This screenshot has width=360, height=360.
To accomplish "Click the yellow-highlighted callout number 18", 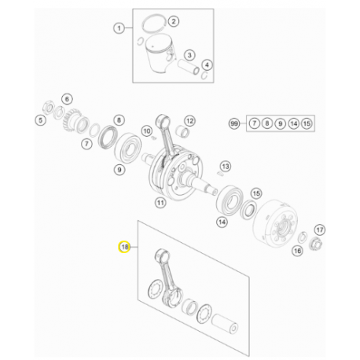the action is point(124,247).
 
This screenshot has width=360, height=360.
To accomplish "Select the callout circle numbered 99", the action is point(234,123).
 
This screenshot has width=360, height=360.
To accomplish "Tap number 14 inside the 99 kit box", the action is point(294,123).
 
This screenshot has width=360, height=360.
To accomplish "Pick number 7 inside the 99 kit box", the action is point(254,123).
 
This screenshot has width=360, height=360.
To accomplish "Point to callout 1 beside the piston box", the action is point(119,28).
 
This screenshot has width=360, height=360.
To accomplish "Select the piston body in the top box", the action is point(160,54).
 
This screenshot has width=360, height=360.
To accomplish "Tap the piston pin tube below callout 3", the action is point(189,68).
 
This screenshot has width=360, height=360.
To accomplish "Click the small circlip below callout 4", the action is point(205,75).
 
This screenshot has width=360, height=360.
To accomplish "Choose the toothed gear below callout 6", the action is point(73,120).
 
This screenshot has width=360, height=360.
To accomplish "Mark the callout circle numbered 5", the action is point(40,120).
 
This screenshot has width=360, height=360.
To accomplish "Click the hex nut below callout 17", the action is point(315,244).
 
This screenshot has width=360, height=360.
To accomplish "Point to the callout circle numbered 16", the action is point(297,251).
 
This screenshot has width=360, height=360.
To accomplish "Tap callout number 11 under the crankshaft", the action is point(160,203).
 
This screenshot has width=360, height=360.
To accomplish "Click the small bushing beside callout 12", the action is point(182,131).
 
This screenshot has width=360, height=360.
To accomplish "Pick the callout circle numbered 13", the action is point(226,166).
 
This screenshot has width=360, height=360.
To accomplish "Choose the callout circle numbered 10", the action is point(147,131).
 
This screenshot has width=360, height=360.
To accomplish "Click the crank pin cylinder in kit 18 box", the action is point(225,324).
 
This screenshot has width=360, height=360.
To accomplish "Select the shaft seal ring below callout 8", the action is point(108,138).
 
